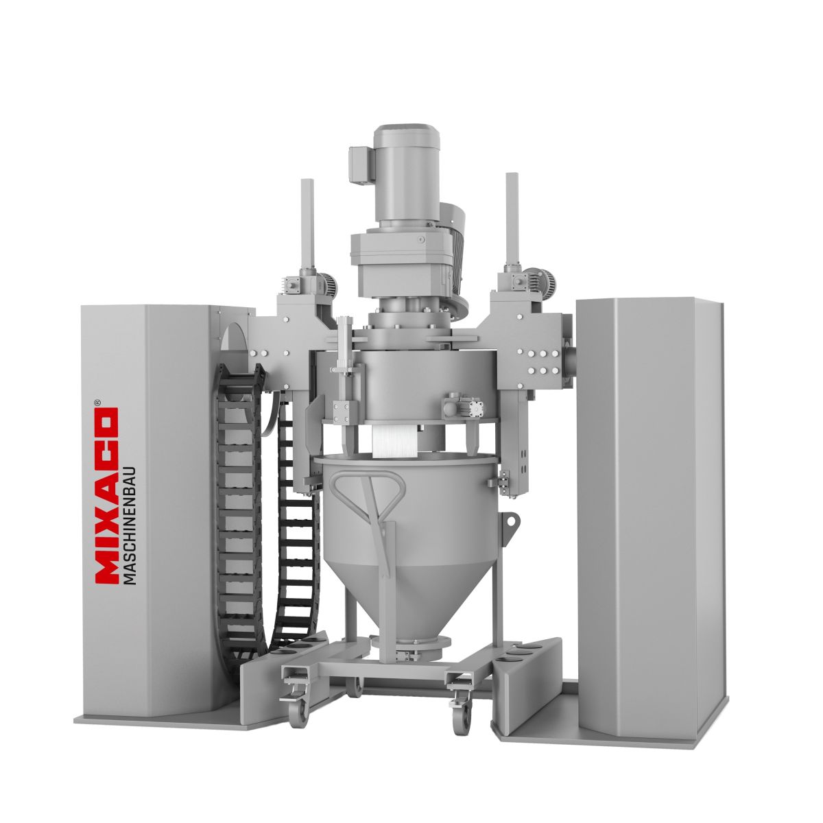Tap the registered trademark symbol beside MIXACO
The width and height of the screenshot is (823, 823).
point(97,402)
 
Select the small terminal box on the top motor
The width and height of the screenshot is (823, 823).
point(362,164)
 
